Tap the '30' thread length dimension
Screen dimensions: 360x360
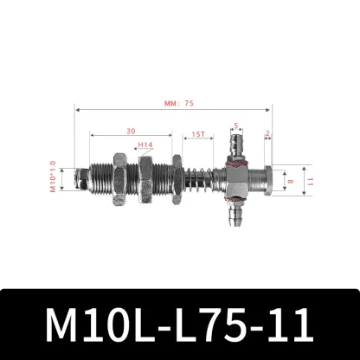click(128, 131)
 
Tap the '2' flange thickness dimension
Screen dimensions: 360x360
click(268, 134)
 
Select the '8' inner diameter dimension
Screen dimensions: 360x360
click(290, 181)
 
